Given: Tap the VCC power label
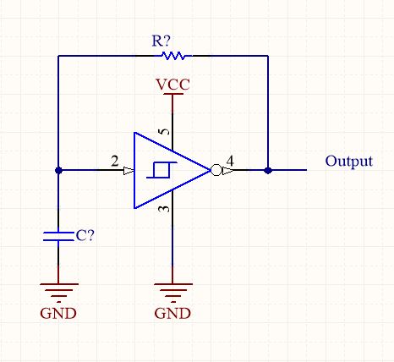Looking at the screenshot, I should coord(172,85).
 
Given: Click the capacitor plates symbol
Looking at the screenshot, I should coord(57,235).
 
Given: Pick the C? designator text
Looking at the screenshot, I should coord(85,236).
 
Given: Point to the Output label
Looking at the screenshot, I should coord(349,162).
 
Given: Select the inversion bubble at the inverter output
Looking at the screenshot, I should coord(216,170).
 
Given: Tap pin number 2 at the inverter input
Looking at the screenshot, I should coord(113,161).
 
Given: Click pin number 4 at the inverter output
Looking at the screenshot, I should coord(231,161).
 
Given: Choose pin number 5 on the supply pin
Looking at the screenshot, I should coord(166,132).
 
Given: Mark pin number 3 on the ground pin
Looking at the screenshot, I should coord(166,208).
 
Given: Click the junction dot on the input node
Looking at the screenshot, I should coord(57,170).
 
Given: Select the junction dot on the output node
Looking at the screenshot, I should coord(268,170).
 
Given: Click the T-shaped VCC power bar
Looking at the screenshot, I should coord(172,95).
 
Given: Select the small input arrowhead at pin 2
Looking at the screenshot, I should coord(129,170).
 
